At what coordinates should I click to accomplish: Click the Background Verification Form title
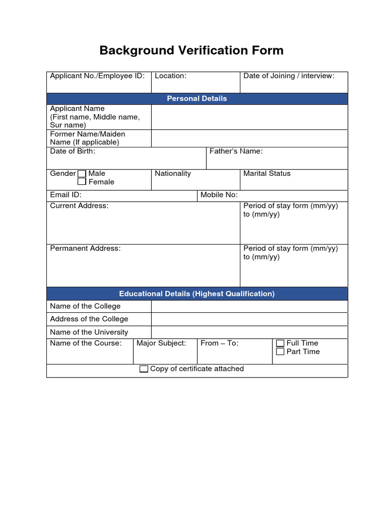tap(191, 50)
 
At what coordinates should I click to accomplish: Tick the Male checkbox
tap(82, 174)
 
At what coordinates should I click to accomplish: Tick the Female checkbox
tap(82, 182)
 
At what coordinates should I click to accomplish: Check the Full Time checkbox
tap(280, 343)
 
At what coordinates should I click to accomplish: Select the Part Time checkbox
tap(280, 352)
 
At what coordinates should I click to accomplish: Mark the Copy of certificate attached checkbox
tap(144, 369)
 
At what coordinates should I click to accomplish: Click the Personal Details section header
tap(197, 99)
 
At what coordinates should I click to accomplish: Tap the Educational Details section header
tap(197, 294)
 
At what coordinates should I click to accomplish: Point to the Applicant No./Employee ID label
tap(97, 76)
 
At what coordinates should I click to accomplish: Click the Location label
tap(171, 76)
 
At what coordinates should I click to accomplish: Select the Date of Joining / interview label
tap(289, 76)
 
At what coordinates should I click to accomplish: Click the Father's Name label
tap(236, 151)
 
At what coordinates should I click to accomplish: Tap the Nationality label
tap(173, 173)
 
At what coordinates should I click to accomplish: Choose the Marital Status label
tap(267, 173)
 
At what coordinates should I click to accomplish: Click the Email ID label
tap(66, 195)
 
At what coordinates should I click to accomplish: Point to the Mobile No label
tap(219, 195)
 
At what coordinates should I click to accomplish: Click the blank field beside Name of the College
tap(249, 306)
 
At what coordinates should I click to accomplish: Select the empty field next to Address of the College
tap(249, 319)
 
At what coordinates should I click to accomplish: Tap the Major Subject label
tap(161, 343)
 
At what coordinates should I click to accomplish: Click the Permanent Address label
tap(85, 248)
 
